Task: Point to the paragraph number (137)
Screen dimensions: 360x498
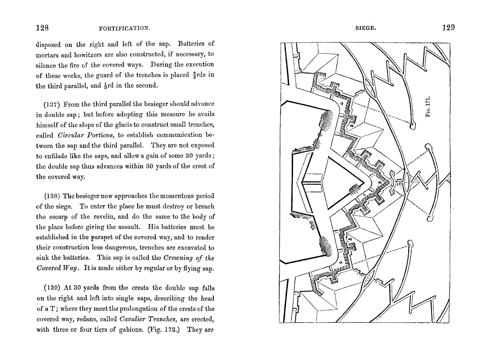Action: pyautogui.click(x=53, y=105)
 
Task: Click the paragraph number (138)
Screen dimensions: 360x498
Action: pyautogui.click(x=53, y=196)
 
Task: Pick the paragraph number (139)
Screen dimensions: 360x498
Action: pyautogui.click(x=53, y=287)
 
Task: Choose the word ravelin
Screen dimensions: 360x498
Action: pyautogui.click(x=104, y=217)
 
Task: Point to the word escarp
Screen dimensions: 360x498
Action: pyautogui.click(x=59, y=217)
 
